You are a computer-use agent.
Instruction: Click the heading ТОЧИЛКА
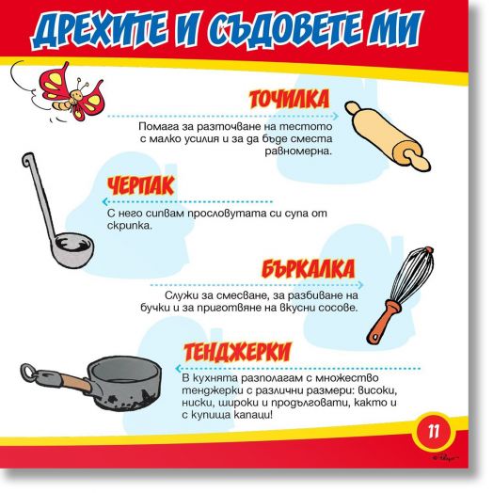click(x=289, y=99)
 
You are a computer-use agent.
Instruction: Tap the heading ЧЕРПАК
click(x=140, y=185)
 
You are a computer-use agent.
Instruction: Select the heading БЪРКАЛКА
click(x=308, y=268)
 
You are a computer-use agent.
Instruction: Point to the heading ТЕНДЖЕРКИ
click(x=238, y=352)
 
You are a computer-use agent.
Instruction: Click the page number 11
click(x=434, y=432)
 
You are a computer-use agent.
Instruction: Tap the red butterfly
click(x=72, y=93)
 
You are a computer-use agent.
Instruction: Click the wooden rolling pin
click(x=388, y=135)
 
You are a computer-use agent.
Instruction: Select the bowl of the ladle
click(x=72, y=249)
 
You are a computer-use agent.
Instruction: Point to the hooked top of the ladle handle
click(x=27, y=160)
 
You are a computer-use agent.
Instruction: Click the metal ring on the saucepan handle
click(x=29, y=373)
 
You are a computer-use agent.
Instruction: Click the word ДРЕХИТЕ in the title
click(x=99, y=29)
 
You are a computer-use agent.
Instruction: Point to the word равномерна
click(x=298, y=151)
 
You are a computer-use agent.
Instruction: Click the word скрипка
click(x=130, y=226)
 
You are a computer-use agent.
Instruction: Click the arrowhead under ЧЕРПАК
click(x=105, y=201)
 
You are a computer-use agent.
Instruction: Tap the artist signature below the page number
click(x=445, y=458)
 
